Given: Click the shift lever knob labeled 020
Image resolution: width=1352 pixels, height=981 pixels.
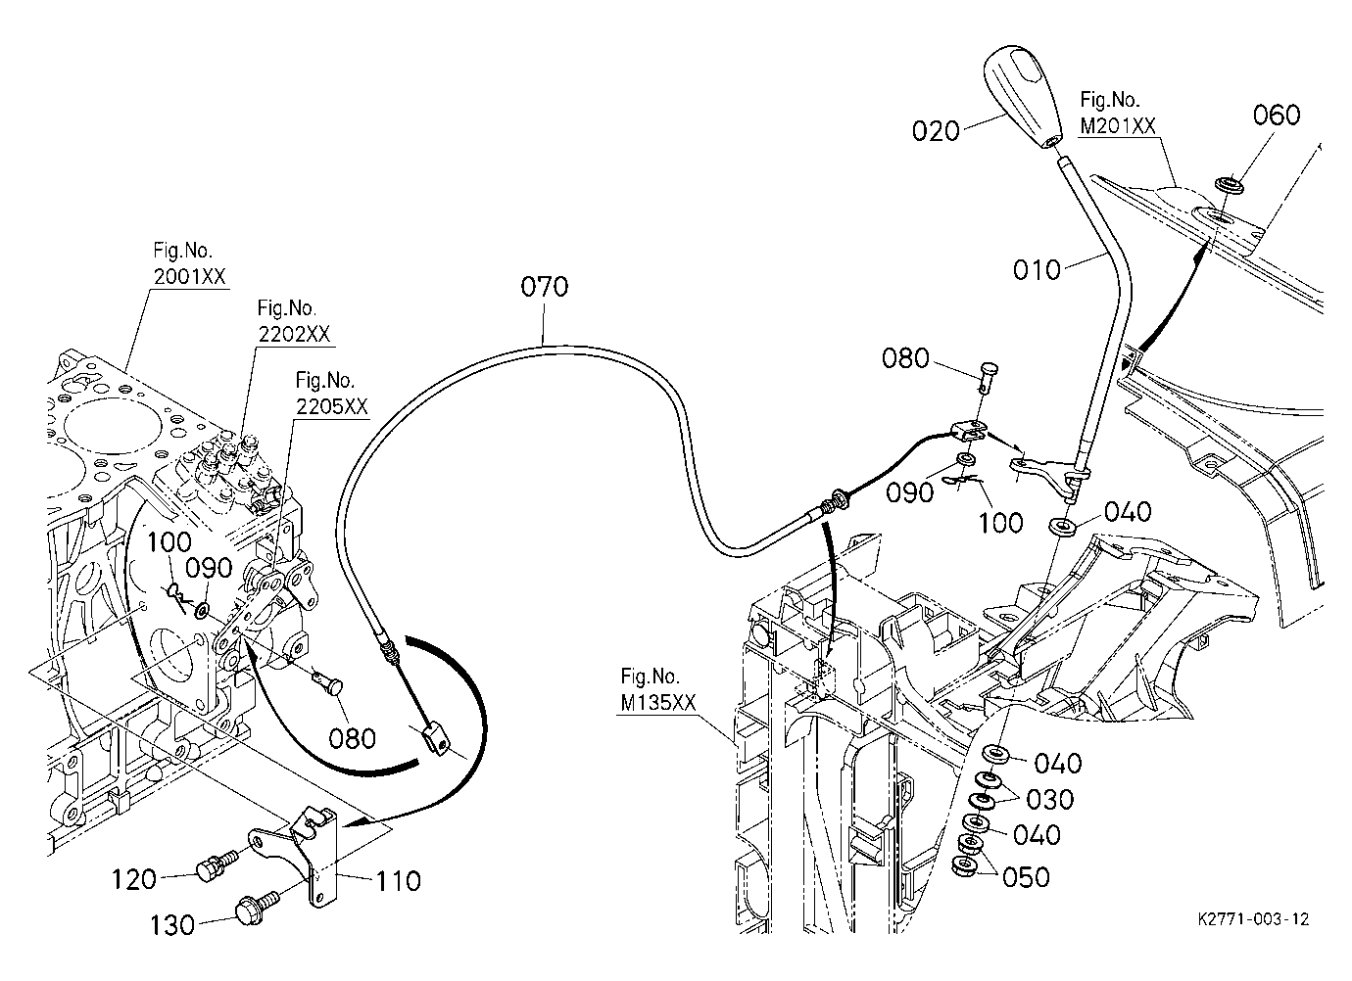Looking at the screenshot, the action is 1023,97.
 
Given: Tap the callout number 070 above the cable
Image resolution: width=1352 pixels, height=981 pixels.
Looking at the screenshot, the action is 545,287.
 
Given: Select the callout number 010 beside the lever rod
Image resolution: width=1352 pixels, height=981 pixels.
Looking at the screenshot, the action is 1037,269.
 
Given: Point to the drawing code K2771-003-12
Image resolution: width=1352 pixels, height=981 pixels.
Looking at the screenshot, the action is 1254,919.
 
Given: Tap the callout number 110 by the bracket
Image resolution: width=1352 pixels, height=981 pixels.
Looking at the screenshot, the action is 398,881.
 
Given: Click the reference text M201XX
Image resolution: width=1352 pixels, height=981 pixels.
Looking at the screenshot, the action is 1117,126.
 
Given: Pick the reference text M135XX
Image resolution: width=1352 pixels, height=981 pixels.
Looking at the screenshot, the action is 658,703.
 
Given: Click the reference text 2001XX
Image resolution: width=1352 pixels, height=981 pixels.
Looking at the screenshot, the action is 189,276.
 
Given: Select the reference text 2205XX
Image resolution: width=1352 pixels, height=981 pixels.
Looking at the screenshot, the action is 331,406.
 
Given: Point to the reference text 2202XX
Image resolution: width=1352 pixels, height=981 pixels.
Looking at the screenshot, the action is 294,334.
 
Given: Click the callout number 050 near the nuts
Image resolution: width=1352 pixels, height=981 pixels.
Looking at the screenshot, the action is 1026,877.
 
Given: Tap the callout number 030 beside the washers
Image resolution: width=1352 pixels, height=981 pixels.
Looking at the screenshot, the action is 1050,800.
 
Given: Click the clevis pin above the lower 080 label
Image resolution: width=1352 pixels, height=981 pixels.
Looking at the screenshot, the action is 328,680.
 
